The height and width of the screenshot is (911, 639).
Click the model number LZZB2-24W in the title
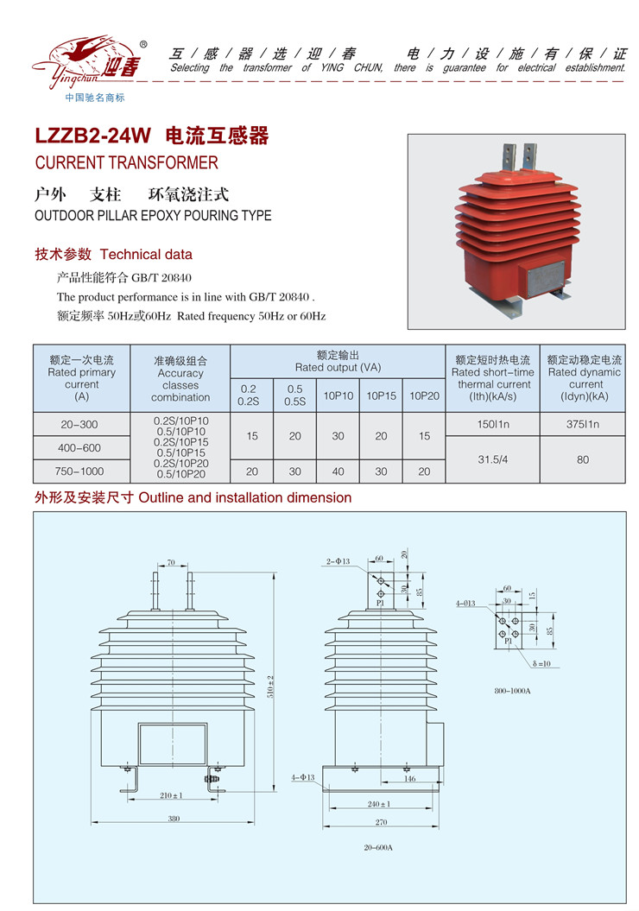tap(92, 136)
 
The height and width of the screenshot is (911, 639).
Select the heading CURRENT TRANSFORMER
tap(126, 162)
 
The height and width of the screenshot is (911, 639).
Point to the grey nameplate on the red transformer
tap(541, 281)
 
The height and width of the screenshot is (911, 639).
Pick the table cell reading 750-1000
tap(81, 471)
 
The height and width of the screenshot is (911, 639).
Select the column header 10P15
tap(381, 396)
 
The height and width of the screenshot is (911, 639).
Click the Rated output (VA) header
tap(338, 361)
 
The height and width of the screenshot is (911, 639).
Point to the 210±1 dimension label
tap(173, 795)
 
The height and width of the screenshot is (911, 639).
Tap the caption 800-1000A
tap(512, 692)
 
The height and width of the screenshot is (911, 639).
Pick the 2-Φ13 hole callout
tap(339, 562)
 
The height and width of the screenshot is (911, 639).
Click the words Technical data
tap(146, 255)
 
